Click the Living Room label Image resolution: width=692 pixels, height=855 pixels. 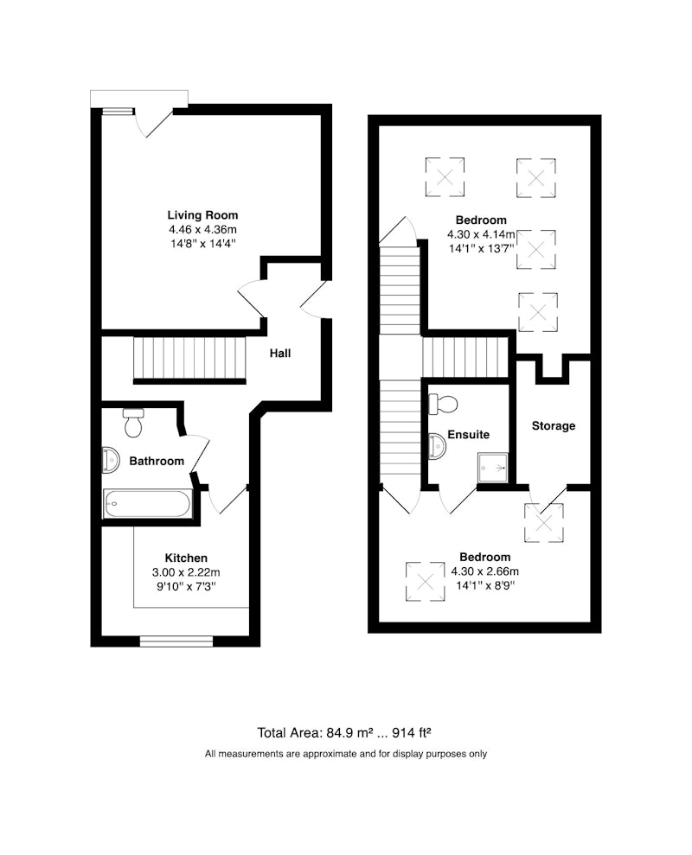click(x=202, y=215)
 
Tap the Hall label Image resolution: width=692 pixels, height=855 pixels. click(x=280, y=354)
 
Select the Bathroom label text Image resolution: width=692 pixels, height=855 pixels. click(x=157, y=462)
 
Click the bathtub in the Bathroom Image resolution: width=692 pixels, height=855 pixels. click(x=147, y=503)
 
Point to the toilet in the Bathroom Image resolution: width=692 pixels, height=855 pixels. click(x=133, y=423)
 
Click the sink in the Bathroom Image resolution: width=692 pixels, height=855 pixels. click(x=111, y=460)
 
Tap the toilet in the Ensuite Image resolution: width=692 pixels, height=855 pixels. click(x=443, y=404)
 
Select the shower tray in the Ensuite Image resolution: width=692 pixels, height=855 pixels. click(x=493, y=468)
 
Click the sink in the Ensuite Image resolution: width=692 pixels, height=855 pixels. click(x=437, y=447)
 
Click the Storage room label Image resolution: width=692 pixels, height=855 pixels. click(x=554, y=426)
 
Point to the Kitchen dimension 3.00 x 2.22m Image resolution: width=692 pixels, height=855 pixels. click(x=186, y=572)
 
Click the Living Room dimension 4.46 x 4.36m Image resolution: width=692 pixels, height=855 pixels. click(x=203, y=230)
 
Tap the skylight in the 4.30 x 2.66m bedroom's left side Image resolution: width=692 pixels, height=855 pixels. click(x=425, y=582)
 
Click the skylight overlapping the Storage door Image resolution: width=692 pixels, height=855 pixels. click(x=544, y=523)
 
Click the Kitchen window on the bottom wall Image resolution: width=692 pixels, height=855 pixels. click(x=176, y=641)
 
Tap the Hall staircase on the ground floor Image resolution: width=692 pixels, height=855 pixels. click(x=189, y=359)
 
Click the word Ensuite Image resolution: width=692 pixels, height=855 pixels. click(x=468, y=435)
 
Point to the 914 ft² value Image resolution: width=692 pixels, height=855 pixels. click(x=412, y=732)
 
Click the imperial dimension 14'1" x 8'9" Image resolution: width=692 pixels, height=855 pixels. click(x=485, y=586)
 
